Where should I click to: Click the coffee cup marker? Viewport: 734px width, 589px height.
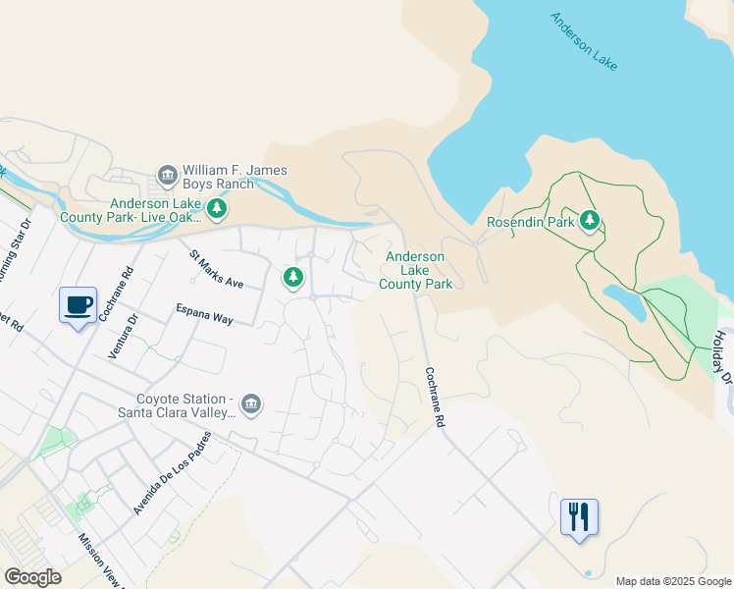tap(78, 305)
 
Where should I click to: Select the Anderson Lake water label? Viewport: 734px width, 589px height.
tap(584, 41)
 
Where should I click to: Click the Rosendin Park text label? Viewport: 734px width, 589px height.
tap(530, 222)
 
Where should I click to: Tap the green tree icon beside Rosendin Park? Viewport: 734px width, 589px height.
tap(590, 220)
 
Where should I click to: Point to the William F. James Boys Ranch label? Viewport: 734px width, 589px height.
tap(234, 177)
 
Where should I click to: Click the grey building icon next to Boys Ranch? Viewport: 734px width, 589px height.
tap(167, 177)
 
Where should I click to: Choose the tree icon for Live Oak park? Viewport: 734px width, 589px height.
tap(217, 208)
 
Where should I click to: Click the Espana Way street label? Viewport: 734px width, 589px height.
tap(204, 313)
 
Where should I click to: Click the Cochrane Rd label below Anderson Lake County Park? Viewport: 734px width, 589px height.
tap(435, 397)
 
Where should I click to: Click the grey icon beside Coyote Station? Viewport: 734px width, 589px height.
tap(251, 404)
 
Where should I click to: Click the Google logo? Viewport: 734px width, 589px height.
tap(32, 577)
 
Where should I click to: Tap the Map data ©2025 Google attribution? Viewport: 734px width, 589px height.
tap(673, 581)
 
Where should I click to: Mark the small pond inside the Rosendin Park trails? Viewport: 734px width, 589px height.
tap(624, 303)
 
